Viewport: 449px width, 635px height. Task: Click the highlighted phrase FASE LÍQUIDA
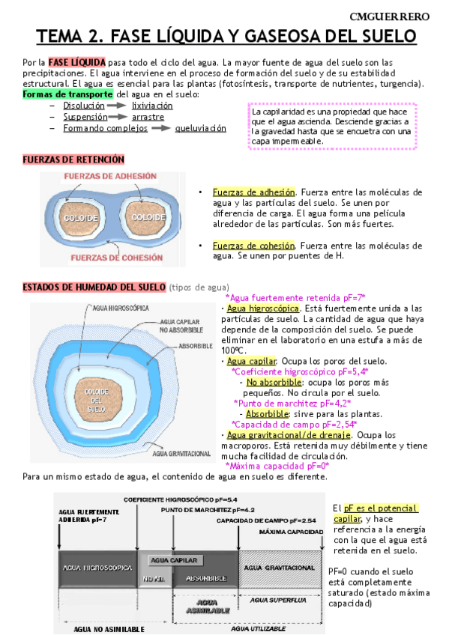(x=78, y=61)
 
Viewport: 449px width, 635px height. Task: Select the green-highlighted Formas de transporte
(x=67, y=94)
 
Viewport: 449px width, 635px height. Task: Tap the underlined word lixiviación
(x=152, y=106)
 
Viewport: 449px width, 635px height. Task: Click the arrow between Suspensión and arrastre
(x=114, y=117)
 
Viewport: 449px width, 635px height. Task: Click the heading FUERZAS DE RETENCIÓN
(x=73, y=159)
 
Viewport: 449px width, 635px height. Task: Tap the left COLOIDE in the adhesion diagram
(x=80, y=216)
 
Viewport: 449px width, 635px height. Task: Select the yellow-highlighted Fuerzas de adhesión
(x=254, y=192)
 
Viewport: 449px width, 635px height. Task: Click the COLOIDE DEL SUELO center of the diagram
(x=97, y=400)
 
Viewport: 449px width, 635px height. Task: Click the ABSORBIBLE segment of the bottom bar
(x=205, y=577)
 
